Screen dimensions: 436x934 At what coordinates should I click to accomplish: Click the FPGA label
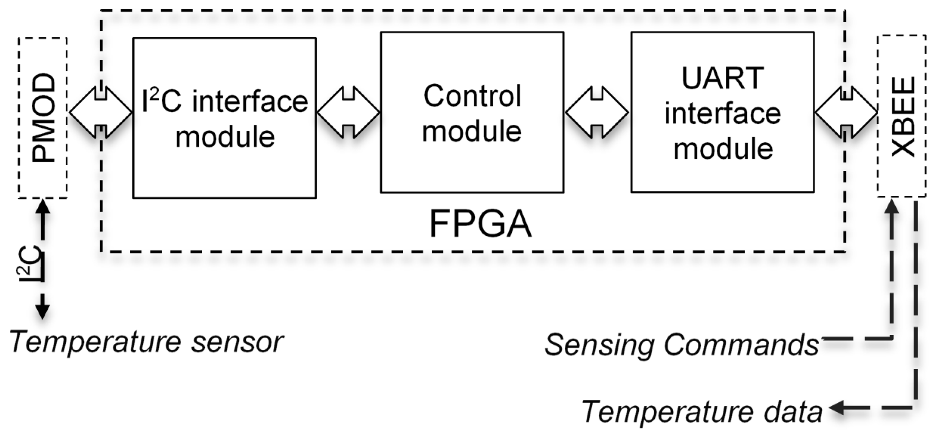tap(480, 224)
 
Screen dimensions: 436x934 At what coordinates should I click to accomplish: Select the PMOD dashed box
tap(43, 118)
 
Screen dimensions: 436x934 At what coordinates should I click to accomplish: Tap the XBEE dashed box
tap(901, 116)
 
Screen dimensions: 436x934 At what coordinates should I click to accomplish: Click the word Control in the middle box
tap(472, 96)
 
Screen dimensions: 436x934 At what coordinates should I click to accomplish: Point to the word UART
tap(722, 78)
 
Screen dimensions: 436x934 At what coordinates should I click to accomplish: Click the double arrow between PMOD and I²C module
tap(101, 112)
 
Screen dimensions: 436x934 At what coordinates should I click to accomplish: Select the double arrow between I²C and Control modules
tap(348, 112)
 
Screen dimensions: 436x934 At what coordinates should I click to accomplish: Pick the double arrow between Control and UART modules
tap(597, 112)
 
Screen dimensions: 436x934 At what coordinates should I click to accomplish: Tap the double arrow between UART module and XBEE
tap(846, 112)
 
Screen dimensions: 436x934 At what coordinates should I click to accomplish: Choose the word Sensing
tap(599, 345)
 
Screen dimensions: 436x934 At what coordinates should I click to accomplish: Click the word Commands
tap(741, 345)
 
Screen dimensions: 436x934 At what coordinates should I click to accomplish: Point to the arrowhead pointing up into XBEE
tap(892, 208)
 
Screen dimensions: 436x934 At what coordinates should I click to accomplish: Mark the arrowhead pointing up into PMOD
tap(43, 207)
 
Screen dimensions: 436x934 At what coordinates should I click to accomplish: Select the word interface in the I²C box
tap(250, 102)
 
